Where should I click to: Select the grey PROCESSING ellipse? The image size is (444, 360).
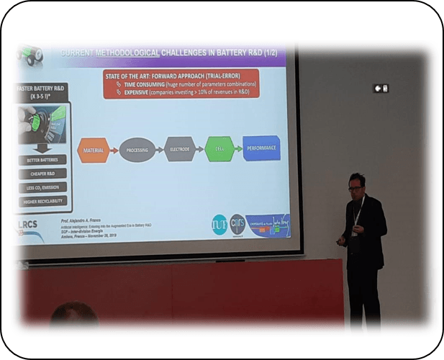pyautogui.click(x=137, y=149)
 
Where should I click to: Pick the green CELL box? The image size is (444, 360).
pyautogui.click(x=219, y=148)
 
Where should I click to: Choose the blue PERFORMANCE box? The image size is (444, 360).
pyautogui.click(x=261, y=147)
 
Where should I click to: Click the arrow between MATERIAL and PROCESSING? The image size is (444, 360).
pyautogui.click(x=114, y=149)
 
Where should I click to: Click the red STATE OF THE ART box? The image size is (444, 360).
pyautogui.click(x=181, y=84)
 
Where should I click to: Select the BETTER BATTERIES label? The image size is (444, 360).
pyautogui.click(x=43, y=159)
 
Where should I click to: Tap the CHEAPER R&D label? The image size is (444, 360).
pyautogui.click(x=43, y=174)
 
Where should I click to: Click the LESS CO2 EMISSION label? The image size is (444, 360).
pyautogui.click(x=43, y=188)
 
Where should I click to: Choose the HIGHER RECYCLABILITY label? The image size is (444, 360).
pyautogui.click(x=43, y=202)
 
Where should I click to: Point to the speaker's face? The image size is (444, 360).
pyautogui.click(x=355, y=184)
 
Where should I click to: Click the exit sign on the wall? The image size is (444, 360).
pyautogui.click(x=380, y=88)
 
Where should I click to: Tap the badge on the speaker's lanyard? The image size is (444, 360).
pyautogui.click(x=354, y=232)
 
